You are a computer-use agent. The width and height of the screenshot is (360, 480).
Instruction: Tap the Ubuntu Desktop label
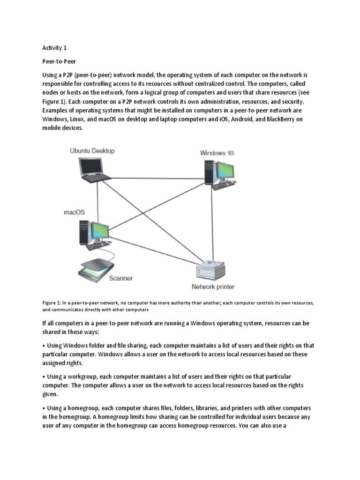(92, 151)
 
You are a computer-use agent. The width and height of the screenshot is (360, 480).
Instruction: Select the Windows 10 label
(217, 153)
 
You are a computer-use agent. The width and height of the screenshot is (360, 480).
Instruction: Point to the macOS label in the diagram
(75, 212)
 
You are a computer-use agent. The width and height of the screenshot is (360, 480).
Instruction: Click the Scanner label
(120, 278)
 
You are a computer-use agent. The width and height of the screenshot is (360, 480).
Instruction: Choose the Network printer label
(213, 286)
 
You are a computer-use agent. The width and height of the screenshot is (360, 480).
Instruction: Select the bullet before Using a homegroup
(44, 408)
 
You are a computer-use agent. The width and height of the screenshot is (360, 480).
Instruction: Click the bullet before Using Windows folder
(44, 346)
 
